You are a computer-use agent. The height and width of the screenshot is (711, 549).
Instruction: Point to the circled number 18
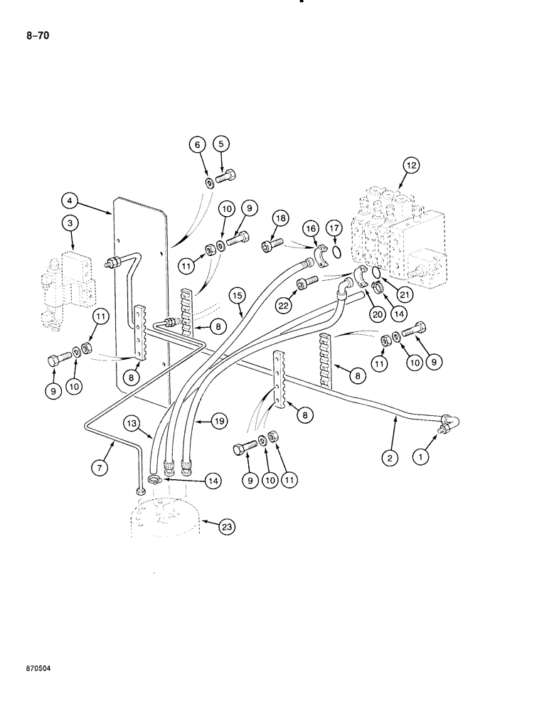point(277,218)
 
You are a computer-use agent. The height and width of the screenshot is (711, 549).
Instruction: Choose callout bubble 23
point(226,527)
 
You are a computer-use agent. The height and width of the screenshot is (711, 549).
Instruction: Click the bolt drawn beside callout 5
point(230,176)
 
